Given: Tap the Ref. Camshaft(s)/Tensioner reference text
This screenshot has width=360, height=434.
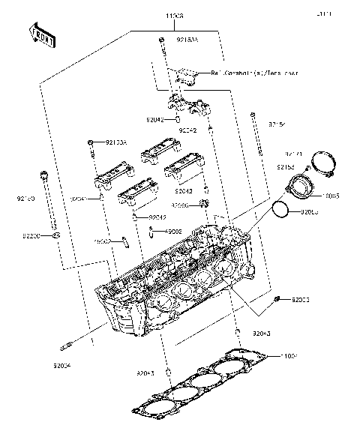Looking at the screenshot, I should [x=254, y=73].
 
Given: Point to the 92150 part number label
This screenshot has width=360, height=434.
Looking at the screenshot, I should [x=24, y=199].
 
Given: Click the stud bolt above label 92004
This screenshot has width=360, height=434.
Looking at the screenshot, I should [x=69, y=346].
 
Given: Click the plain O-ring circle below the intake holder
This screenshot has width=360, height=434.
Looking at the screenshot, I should [x=280, y=211].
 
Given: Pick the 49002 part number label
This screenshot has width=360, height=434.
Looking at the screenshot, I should [x=175, y=232].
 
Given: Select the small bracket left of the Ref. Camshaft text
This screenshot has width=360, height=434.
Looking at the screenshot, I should [x=183, y=75].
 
